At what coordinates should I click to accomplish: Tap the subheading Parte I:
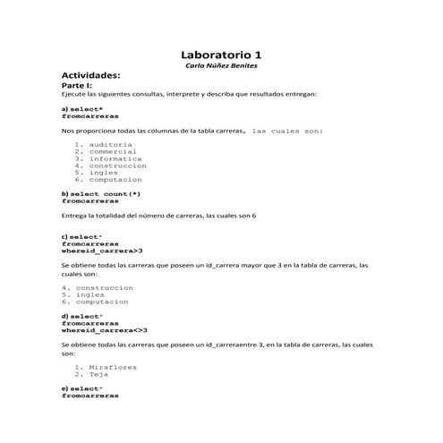tap(77, 86)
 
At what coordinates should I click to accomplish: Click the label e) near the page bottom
tap(64, 388)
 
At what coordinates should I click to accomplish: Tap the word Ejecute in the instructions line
tap(72, 94)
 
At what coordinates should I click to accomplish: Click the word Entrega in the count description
tap(75, 216)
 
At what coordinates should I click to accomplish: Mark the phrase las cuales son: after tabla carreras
tap(288, 131)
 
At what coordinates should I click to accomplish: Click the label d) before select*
tap(65, 316)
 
